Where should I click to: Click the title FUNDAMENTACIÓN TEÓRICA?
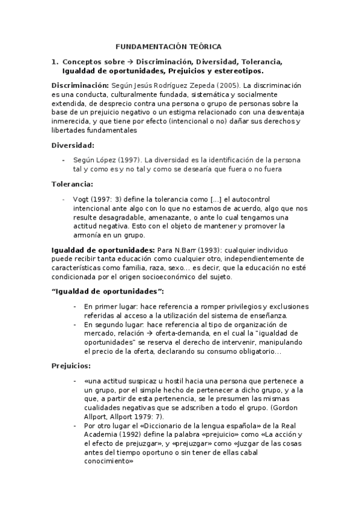(x=168, y=46)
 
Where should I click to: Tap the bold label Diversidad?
(x=73, y=145)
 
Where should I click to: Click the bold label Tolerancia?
(x=72, y=183)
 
